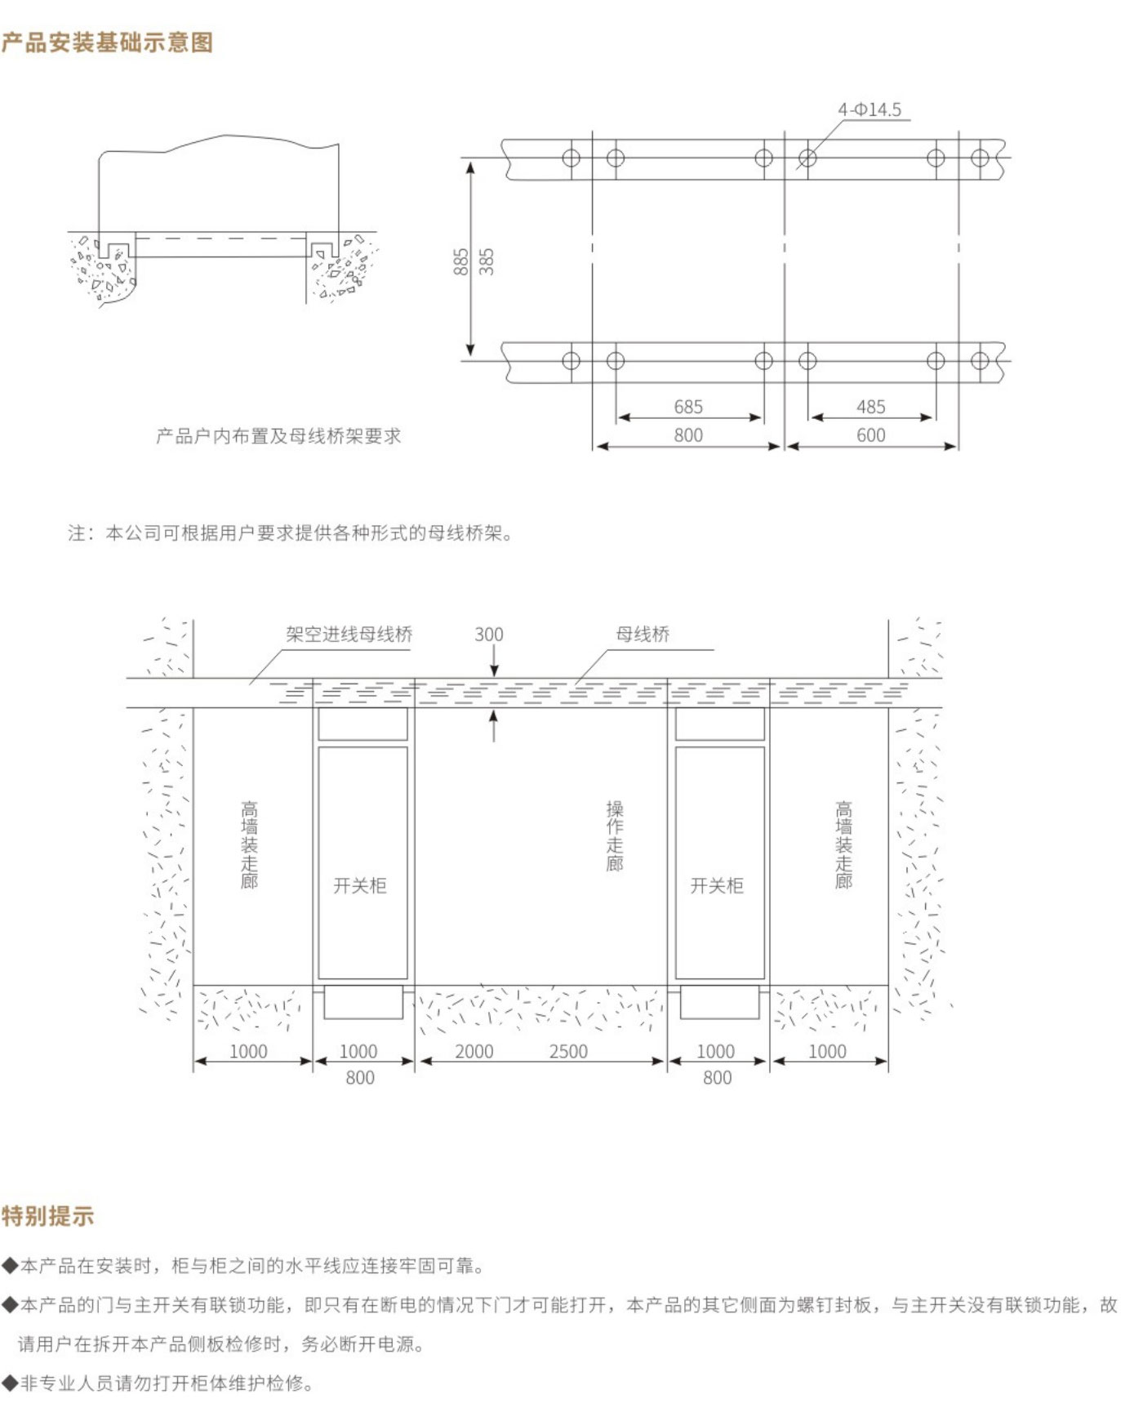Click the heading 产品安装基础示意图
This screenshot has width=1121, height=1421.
tap(107, 42)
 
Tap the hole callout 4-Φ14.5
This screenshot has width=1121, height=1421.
tap(870, 110)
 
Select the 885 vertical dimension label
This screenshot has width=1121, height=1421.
tap(461, 261)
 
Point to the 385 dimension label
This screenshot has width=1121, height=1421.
tap(487, 261)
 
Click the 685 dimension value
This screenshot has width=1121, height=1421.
tap(688, 407)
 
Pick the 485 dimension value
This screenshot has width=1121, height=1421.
tap(870, 407)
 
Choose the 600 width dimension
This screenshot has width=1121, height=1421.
tap(870, 435)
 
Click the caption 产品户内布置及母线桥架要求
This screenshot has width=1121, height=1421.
tap(278, 436)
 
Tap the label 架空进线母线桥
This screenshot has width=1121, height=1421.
tap(349, 635)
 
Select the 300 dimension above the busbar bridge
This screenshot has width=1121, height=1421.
tap(489, 635)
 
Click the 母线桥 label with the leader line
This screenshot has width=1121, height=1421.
tap(643, 635)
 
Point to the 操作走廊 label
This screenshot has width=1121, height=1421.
tap(615, 835)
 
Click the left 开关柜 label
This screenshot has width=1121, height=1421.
tap(360, 886)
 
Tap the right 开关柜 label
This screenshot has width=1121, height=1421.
tap(717, 886)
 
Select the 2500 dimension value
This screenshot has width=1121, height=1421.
tap(568, 1052)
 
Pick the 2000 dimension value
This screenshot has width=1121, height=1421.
tap(474, 1052)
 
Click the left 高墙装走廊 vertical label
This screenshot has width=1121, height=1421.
tap(249, 844)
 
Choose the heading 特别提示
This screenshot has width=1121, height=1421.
tap(47, 1216)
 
